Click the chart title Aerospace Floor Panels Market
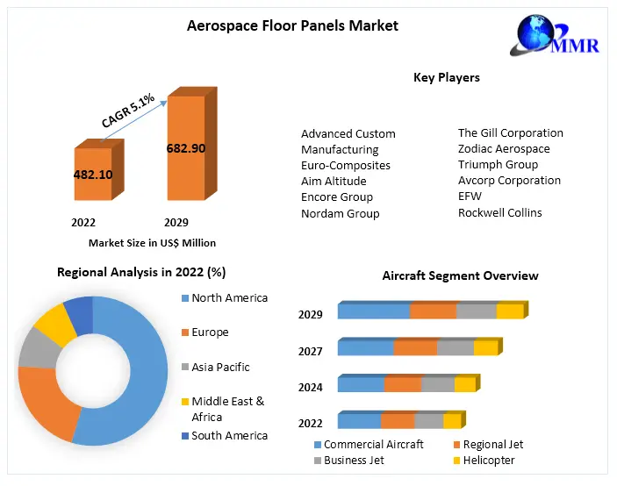(292, 25)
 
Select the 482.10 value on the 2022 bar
(93, 174)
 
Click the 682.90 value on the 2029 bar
(185, 148)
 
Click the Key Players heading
(447, 78)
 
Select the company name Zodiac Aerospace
(504, 149)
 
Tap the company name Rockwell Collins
(500, 212)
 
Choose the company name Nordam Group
(341, 213)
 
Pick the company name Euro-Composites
(346, 165)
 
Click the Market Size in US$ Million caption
(152, 243)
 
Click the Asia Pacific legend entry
(220, 367)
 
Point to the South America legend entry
(229, 435)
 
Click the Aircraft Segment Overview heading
(460, 275)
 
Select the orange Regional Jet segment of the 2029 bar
(433, 311)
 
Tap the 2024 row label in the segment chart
(311, 387)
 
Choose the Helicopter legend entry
(489, 460)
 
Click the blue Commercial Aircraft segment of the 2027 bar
(365, 348)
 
